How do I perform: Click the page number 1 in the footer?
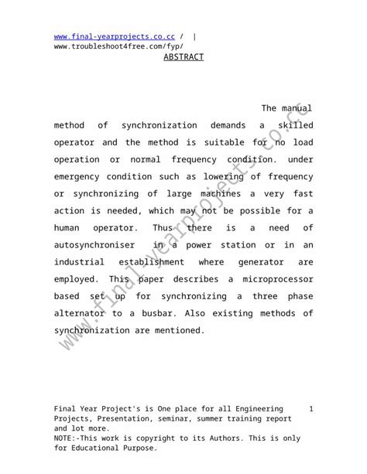point(310,408)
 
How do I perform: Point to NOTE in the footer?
point(64,438)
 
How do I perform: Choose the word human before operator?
point(69,227)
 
